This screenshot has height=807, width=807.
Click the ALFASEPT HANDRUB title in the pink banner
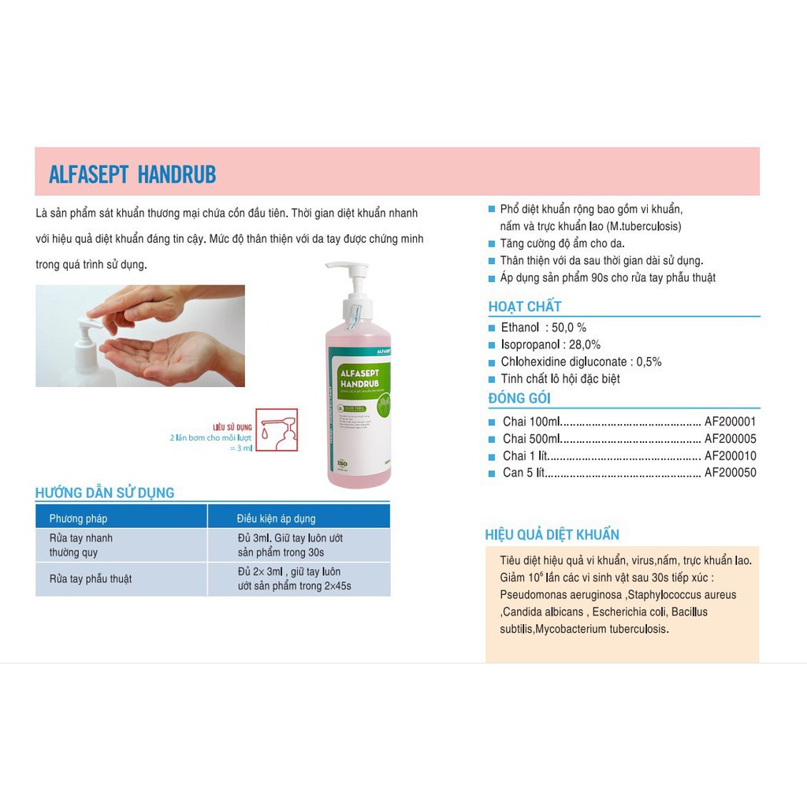[132, 174]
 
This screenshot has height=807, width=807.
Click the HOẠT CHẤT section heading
[525, 307]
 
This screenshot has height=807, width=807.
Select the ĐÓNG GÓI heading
[519, 398]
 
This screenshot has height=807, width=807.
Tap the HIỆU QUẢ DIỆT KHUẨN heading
[552, 535]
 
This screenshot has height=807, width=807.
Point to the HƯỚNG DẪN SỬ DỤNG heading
[105, 493]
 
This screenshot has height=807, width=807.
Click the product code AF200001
[730, 422]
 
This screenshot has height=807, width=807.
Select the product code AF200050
[730, 473]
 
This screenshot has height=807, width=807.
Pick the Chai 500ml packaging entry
[532, 439]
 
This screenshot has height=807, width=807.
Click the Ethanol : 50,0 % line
[544, 328]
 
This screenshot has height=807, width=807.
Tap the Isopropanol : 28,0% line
[550, 344]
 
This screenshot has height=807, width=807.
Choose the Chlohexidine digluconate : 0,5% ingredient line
[581, 362]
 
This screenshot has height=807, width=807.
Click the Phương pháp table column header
[78, 519]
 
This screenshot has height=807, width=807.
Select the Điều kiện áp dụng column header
[276, 519]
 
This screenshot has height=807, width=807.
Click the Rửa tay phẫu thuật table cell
[90, 579]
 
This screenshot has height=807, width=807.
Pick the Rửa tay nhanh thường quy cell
[81, 545]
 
